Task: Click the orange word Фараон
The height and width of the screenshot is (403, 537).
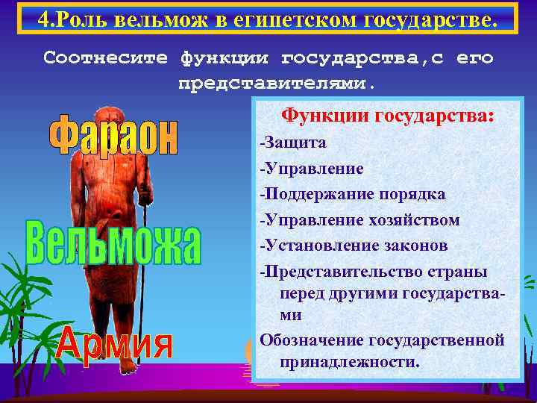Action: [x=114, y=135]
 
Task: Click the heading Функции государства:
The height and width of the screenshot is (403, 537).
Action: [x=387, y=116]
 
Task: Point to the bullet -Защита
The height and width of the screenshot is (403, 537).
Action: [x=292, y=143]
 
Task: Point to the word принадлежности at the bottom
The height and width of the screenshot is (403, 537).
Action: [x=348, y=363]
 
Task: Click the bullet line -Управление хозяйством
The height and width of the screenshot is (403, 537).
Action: [x=359, y=220]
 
